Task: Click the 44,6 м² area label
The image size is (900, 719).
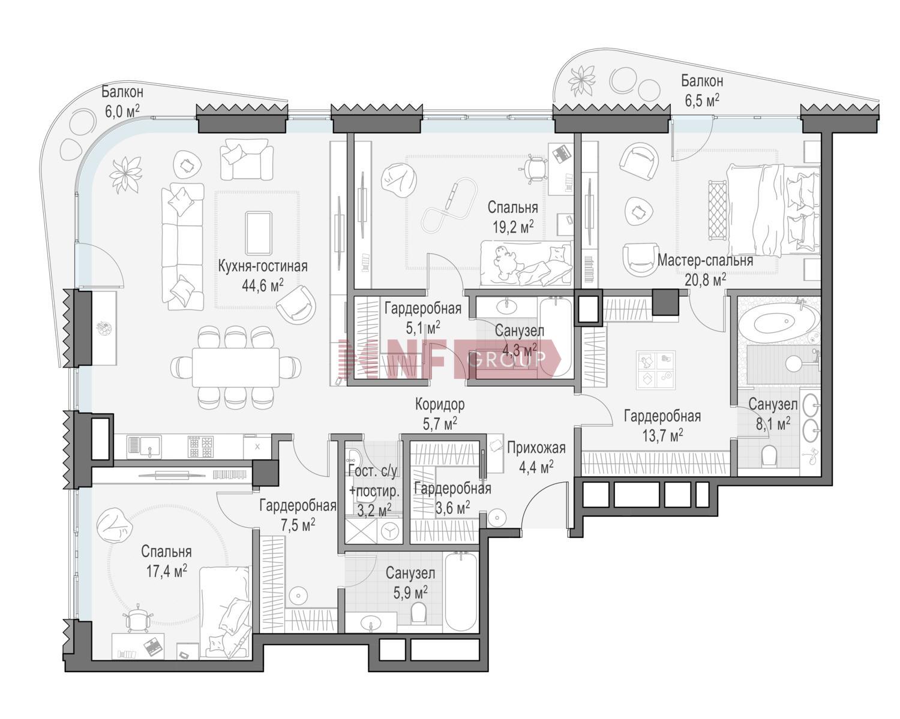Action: [x=263, y=286]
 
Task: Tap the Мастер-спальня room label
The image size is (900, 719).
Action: [x=705, y=260]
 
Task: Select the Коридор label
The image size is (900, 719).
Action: [x=440, y=405]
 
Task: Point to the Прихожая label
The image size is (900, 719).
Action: [x=536, y=448]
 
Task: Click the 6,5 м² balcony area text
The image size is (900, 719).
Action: [x=702, y=101]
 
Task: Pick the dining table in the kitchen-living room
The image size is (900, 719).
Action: [x=236, y=367]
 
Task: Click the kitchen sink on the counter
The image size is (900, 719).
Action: [x=144, y=446]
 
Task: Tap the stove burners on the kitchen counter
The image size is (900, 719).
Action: [x=201, y=447]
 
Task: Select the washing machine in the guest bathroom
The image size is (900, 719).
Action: [x=390, y=531]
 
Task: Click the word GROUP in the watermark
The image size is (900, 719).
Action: [x=507, y=359]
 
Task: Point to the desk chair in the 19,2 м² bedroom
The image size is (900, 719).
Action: [x=533, y=169]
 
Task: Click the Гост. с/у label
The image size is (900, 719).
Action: [x=372, y=471]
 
